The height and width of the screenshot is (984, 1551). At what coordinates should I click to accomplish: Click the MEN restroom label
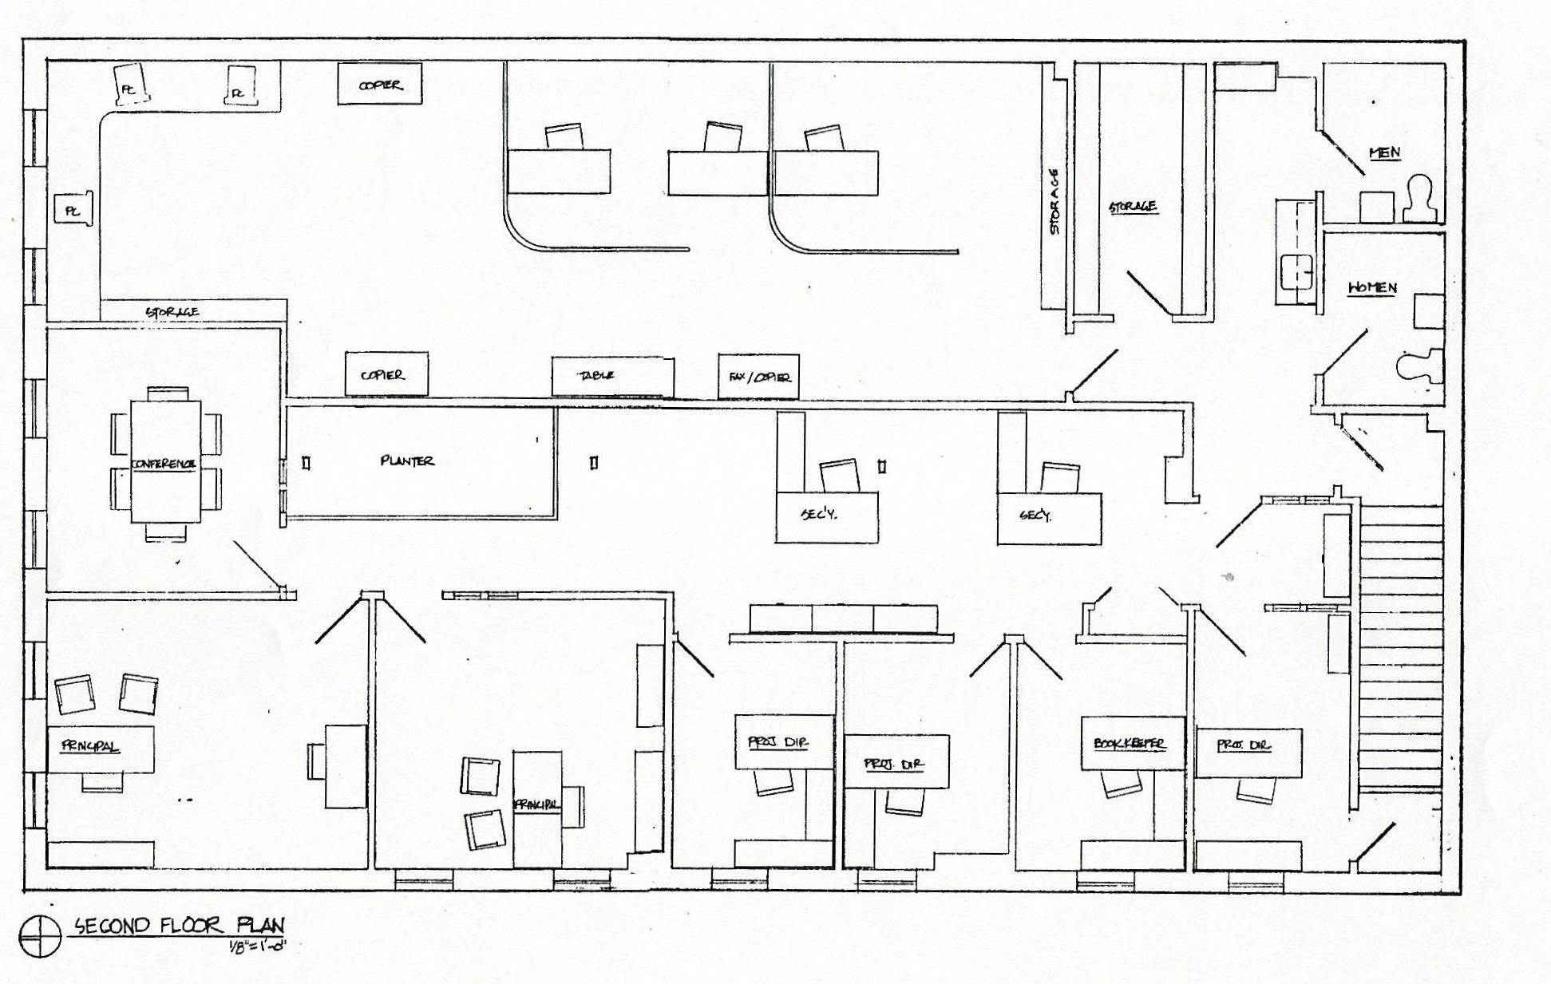[1384, 152]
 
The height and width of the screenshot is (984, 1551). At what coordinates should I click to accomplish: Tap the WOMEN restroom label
[1372, 287]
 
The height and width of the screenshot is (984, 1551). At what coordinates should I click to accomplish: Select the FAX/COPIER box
[758, 376]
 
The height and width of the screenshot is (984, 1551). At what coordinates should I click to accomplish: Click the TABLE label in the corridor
[595, 375]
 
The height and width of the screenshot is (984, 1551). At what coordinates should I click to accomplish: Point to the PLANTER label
[407, 460]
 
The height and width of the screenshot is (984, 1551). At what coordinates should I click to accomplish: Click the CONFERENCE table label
[164, 464]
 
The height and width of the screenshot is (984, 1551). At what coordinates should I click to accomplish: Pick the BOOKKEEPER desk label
[1130, 744]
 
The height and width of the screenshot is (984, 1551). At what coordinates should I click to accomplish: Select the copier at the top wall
[380, 85]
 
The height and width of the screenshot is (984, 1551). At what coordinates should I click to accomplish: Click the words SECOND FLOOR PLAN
[180, 926]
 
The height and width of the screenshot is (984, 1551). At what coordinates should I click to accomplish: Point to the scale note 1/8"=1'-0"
[256, 946]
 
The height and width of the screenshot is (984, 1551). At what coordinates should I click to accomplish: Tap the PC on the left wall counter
[73, 211]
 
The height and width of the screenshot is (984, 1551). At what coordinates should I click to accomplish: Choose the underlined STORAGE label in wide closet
[1134, 207]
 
